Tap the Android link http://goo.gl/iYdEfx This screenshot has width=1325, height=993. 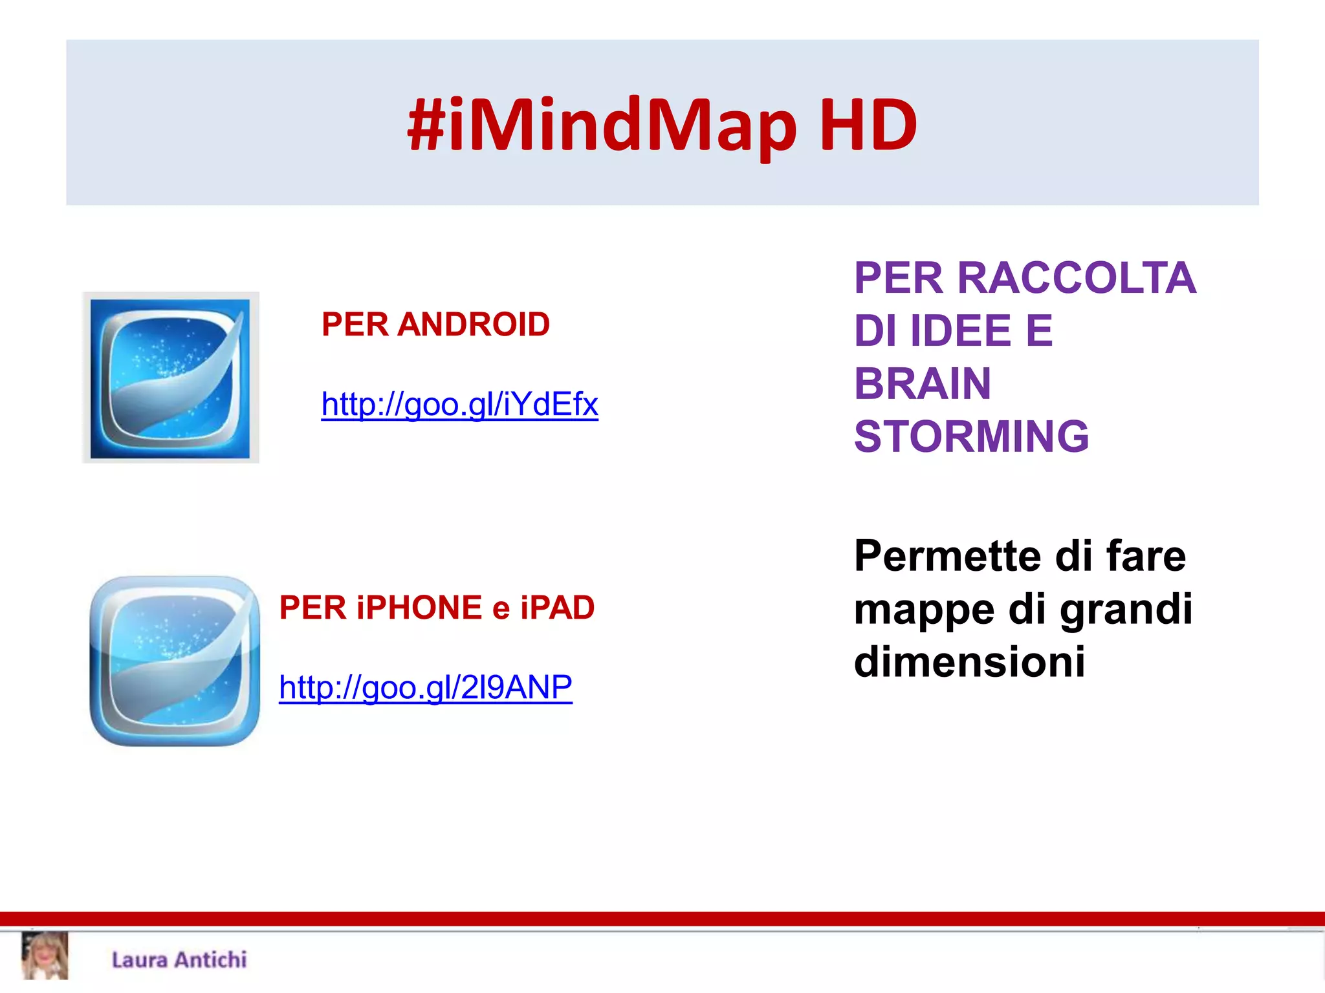pyautogui.click(x=459, y=405)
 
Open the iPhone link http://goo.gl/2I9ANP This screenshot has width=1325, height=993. pyautogui.click(x=425, y=687)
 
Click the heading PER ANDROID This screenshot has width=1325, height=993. pyautogui.click(x=435, y=325)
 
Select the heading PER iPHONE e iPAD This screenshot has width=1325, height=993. pyautogui.click(x=437, y=608)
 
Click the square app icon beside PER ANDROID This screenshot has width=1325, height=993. pyautogui.click(x=170, y=378)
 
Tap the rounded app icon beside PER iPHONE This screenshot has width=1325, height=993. pyautogui.click(x=174, y=661)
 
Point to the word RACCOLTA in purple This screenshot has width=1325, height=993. pyautogui.click(x=1077, y=278)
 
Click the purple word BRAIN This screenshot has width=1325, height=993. pyautogui.click(x=923, y=383)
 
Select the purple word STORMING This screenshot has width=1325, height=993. pyautogui.click(x=971, y=436)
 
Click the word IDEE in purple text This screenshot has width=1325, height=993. pyautogui.click(x=961, y=331)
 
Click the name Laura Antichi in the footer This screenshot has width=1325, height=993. pyautogui.click(x=179, y=960)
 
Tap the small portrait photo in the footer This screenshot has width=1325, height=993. pyautogui.click(x=45, y=956)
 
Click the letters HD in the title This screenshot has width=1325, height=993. pyautogui.click(x=868, y=125)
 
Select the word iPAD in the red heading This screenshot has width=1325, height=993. pyautogui.click(x=557, y=608)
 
